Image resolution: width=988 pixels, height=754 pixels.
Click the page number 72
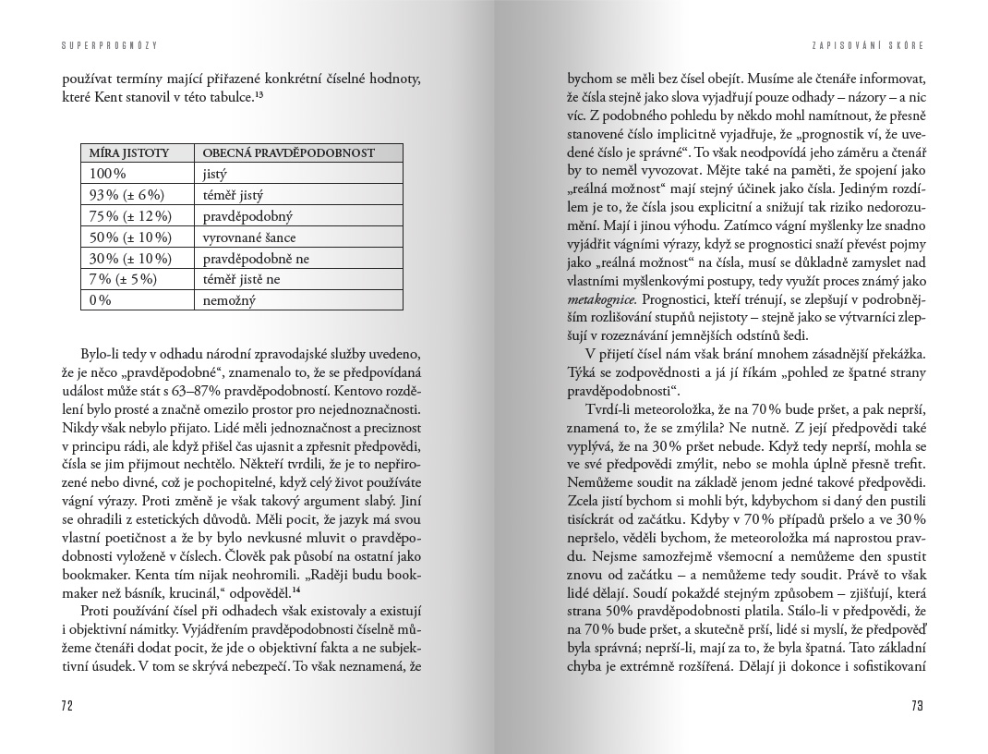point(66,706)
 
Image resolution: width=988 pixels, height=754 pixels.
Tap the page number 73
point(917,706)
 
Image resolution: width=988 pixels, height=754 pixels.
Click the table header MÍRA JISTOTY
point(129,152)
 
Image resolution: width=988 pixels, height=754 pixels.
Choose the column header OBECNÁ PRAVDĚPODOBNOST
point(289,152)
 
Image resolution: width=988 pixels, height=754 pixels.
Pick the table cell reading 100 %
point(107,174)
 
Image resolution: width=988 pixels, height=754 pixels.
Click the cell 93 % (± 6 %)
point(127,195)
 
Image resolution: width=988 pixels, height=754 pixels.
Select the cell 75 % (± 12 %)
point(130,216)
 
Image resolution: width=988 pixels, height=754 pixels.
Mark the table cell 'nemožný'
point(229,301)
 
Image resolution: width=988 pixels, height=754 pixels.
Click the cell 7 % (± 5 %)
point(123,280)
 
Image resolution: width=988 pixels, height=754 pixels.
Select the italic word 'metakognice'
point(600,300)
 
